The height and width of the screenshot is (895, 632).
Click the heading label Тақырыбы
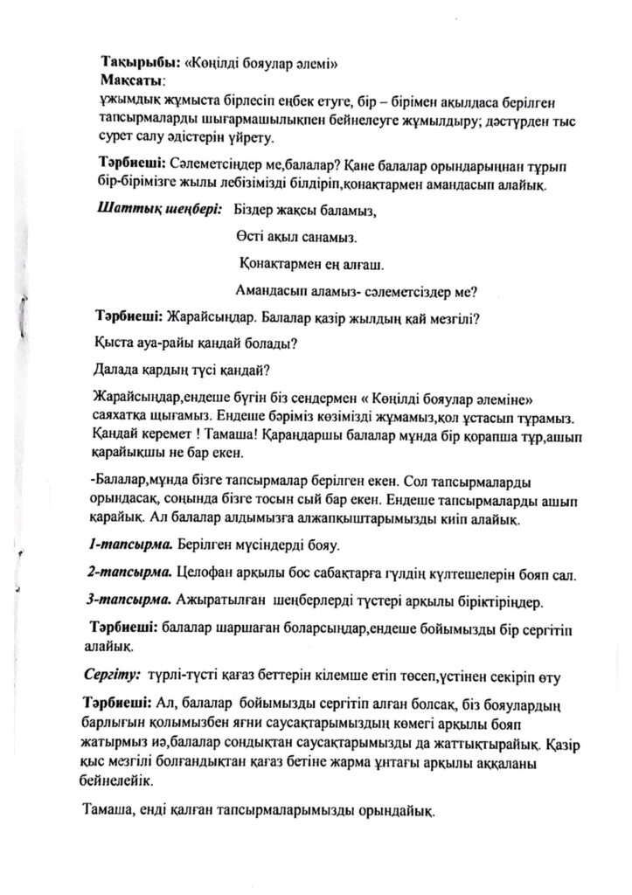pos(140,64)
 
